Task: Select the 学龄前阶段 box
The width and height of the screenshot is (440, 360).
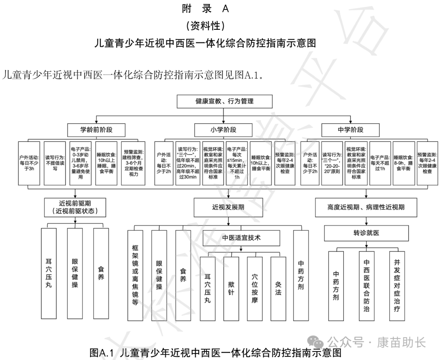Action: tap(96, 130)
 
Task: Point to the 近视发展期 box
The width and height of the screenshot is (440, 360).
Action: tap(228, 207)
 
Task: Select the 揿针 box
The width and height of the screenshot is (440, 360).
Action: tap(231, 288)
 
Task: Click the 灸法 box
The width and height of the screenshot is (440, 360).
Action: tap(278, 288)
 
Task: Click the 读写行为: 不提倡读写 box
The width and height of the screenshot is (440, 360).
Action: tap(55, 163)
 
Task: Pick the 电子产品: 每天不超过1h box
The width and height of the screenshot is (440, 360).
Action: tap(380, 163)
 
